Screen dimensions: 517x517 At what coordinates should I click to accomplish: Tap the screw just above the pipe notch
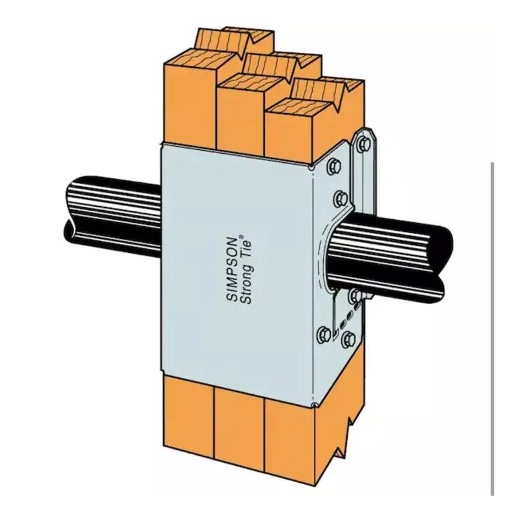(341, 197)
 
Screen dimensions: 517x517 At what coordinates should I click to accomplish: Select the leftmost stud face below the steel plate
(187, 414)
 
